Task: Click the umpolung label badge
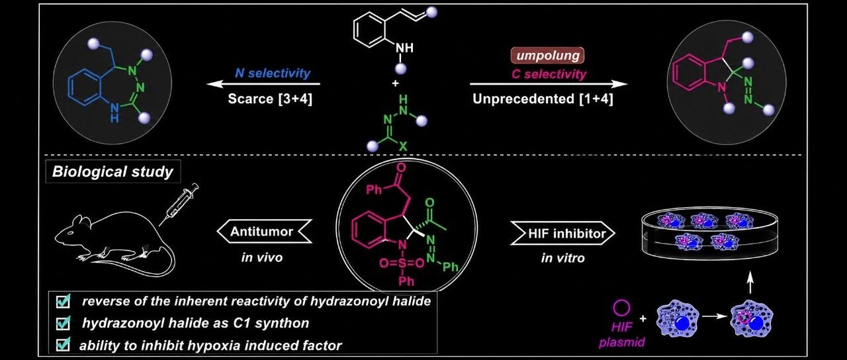tap(547, 56)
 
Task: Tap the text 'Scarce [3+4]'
tap(270, 99)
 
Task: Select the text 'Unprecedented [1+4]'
tap(543, 99)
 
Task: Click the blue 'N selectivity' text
tap(273, 73)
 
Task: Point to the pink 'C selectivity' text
tap(549, 74)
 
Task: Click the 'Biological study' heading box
tap(113, 171)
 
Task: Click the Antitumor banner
tap(264, 232)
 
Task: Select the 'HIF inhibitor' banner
tap(563, 234)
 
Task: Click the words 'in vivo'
tap(262, 258)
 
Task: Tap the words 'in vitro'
tap(563, 258)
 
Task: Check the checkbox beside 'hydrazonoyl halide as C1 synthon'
tap(63, 324)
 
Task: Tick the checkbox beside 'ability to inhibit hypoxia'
tap(63, 345)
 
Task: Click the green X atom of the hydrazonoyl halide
tap(403, 146)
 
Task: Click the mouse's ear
tap(81, 221)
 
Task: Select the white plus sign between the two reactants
tap(396, 83)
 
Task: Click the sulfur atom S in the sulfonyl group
tap(402, 263)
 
